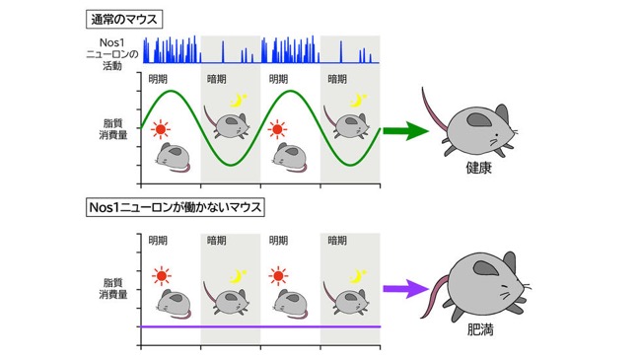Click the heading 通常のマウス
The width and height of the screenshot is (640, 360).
tap(124, 19)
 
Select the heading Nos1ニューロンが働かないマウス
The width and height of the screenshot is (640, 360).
tap(176, 207)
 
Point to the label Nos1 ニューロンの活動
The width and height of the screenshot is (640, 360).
tap(111, 54)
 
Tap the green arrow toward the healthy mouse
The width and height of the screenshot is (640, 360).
tap(405, 131)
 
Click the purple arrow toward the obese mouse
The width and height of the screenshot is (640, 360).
tap(405, 289)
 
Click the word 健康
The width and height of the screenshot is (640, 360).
tap(479, 168)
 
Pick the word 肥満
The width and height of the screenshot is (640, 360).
tap(480, 329)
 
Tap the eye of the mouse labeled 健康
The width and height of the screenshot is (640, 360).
tap(496, 135)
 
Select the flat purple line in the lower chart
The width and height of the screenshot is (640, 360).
tap(260, 326)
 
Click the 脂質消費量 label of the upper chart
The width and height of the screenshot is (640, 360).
tap(113, 129)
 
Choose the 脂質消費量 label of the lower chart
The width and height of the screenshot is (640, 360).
tap(113, 288)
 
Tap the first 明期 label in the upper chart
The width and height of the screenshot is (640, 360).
tap(158, 79)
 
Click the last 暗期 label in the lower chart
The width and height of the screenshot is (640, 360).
tap(337, 241)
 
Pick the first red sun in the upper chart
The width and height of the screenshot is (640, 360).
tap(161, 129)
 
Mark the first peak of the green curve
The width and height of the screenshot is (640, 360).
tap(172, 91)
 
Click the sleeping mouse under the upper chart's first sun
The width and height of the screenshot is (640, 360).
tap(174, 157)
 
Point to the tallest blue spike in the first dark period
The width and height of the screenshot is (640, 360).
tap(223, 52)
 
